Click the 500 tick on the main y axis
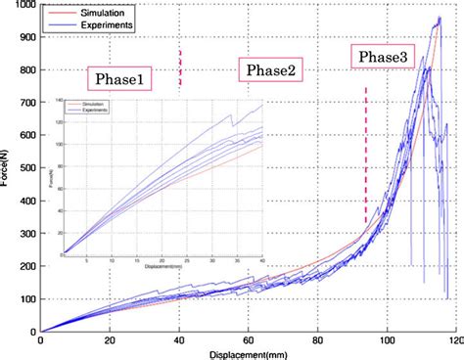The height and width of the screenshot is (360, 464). [27, 168]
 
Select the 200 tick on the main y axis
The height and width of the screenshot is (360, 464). [27, 266]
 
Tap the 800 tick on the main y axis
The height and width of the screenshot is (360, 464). [27, 70]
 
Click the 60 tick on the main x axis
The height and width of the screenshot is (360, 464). [248, 340]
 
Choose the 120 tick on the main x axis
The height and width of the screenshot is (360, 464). [455, 340]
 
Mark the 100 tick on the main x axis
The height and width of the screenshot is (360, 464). [387, 340]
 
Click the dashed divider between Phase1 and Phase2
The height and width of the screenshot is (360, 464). [180, 68]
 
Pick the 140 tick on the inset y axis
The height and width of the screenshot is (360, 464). [59, 102]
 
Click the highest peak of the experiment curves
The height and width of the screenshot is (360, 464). [439, 18]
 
